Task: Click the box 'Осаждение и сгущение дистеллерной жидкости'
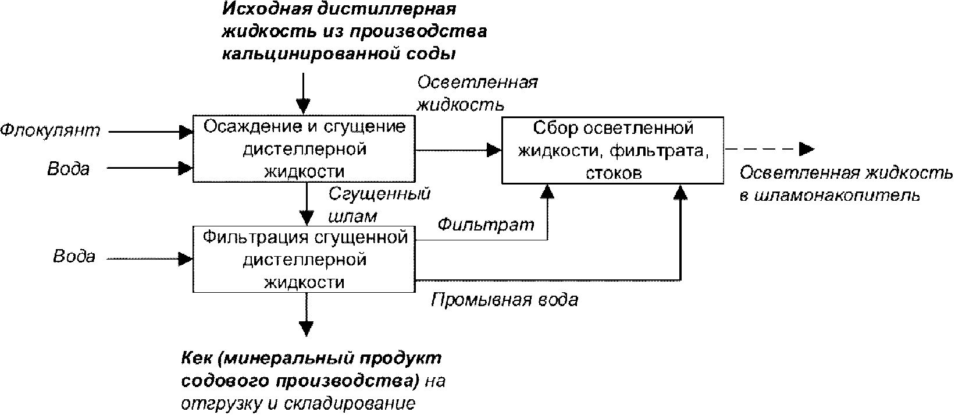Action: pyautogui.click(x=304, y=149)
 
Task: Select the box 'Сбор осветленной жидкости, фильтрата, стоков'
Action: pyautogui.click(x=613, y=150)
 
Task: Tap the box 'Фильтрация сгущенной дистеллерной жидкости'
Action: pyautogui.click(x=304, y=260)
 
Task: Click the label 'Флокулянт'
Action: pyautogui.click(x=50, y=130)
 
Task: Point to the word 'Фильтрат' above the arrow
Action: pyautogui.click(x=486, y=224)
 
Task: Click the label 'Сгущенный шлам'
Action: pyautogui.click(x=379, y=204)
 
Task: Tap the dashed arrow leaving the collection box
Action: pyautogui.click(x=768, y=150)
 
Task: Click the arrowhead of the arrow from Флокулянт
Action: pyautogui.click(x=186, y=132)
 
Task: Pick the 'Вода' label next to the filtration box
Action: pyautogui.click(x=74, y=257)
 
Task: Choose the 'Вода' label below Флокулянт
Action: pyautogui.click(x=68, y=169)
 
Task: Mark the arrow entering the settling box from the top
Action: pyautogui.click(x=302, y=93)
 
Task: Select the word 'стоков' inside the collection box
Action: pyautogui.click(x=614, y=173)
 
